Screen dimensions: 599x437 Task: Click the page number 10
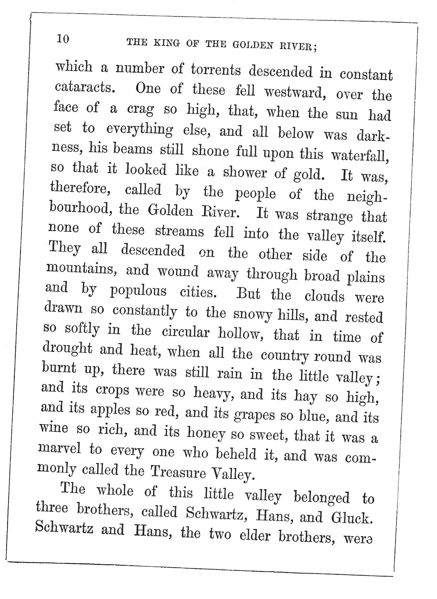point(63,39)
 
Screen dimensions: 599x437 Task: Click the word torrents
point(216,70)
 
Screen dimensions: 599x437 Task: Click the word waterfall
point(359,156)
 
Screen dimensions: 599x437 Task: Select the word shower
point(245,173)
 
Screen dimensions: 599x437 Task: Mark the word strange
point(330,216)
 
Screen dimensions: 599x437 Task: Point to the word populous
point(138,291)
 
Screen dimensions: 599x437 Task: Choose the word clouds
point(324,296)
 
